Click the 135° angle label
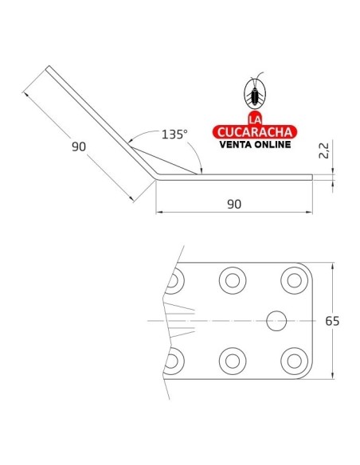[174, 135]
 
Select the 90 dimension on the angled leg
[79, 147]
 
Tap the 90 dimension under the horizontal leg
[234, 204]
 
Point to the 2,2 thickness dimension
[324, 150]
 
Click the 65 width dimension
[332, 321]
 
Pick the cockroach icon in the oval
[255, 92]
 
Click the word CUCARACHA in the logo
[255, 132]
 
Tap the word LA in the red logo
[255, 119]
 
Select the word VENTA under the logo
[236, 144]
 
